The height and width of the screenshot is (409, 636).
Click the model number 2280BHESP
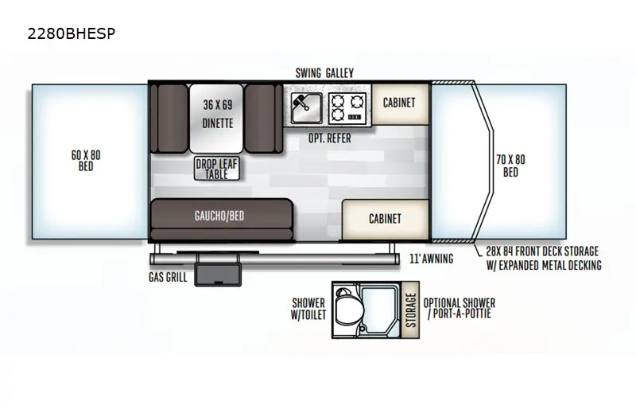click(72, 33)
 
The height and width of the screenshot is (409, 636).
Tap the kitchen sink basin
click(307, 107)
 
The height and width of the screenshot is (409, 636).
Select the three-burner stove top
click(347, 107)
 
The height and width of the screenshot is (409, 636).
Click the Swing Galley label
click(324, 73)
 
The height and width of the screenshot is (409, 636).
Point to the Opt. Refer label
click(330, 138)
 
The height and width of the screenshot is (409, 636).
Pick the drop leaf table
click(216, 169)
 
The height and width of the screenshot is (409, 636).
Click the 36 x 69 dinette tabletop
click(217, 119)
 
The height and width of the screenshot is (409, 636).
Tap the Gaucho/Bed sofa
click(222, 220)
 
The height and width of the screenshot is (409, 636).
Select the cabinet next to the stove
click(400, 104)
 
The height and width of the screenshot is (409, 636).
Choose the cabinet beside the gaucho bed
click(386, 220)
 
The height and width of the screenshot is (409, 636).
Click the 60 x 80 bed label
click(86, 161)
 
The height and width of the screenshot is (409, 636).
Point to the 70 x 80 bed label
click(510, 166)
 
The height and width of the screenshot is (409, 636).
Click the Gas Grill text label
click(168, 278)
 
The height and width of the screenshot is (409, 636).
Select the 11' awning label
click(431, 259)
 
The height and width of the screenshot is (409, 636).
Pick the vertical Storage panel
click(410, 310)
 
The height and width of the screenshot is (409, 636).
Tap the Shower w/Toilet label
click(308, 309)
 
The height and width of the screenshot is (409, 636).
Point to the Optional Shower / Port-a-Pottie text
click(460, 309)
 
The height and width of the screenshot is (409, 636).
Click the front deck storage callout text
click(544, 259)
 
